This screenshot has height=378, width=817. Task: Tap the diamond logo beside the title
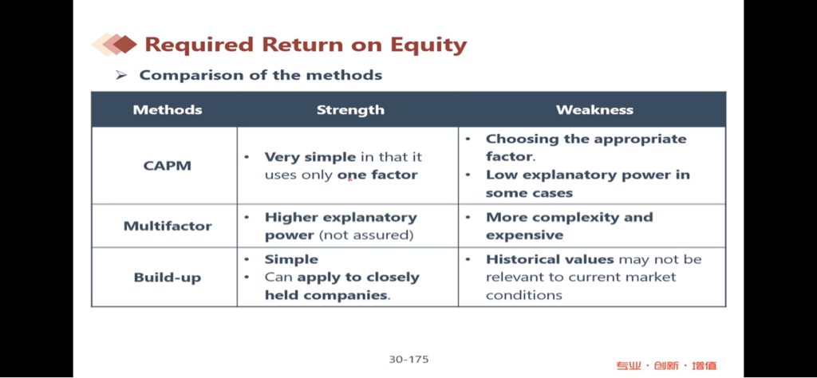(x=114, y=44)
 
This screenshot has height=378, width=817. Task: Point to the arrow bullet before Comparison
(x=121, y=76)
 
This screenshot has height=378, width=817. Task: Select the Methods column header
(x=168, y=110)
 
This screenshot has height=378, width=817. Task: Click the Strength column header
(x=350, y=110)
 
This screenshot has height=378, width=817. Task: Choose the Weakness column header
(x=594, y=110)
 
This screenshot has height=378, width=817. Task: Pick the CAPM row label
(x=168, y=166)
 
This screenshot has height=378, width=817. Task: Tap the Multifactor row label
(x=168, y=226)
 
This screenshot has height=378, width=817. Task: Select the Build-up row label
(x=168, y=278)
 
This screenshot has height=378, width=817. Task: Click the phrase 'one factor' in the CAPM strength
(x=377, y=175)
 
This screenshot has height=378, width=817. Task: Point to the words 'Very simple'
(x=310, y=157)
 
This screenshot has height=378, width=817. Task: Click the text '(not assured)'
(x=365, y=235)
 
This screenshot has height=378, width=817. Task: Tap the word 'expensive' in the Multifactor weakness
(x=525, y=235)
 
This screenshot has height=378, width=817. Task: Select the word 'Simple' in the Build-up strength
(x=291, y=259)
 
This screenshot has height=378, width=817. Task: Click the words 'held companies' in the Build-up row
(x=327, y=295)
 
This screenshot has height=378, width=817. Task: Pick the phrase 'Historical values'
(x=551, y=259)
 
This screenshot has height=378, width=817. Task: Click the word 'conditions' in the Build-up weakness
(x=524, y=295)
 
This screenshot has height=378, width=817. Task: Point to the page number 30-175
(x=408, y=359)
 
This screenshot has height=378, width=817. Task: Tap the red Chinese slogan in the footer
(x=666, y=365)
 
